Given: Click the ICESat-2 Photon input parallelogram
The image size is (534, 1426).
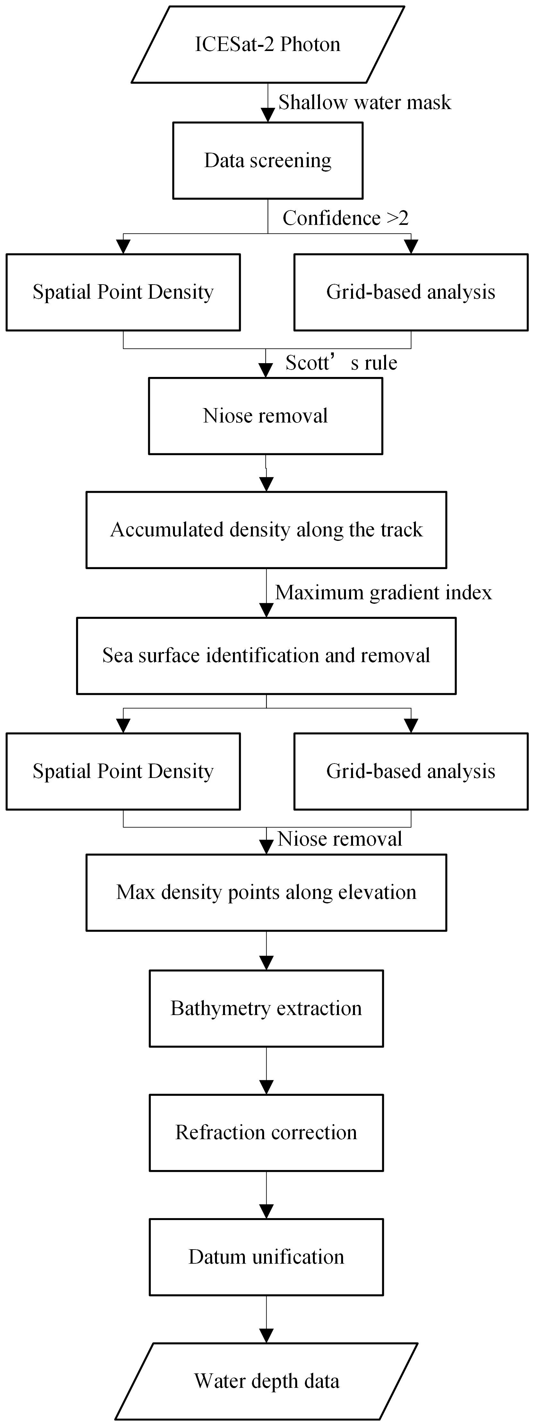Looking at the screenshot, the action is click(x=268, y=44).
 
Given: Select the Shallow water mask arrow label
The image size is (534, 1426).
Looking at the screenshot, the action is click(x=365, y=102).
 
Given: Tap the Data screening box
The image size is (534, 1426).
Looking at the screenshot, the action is click(x=268, y=160).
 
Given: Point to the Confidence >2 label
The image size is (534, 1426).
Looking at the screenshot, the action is click(x=346, y=218).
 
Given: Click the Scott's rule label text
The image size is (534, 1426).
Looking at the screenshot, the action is click(x=341, y=363).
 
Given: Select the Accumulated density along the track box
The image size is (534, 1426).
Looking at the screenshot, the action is click(x=266, y=530).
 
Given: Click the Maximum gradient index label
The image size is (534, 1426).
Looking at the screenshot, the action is click(x=383, y=593).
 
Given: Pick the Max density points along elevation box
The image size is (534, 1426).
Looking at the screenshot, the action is click(x=266, y=892).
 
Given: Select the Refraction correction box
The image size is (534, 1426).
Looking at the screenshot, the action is click(x=266, y=1132).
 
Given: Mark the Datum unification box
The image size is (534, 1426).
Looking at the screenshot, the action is click(x=266, y=1257).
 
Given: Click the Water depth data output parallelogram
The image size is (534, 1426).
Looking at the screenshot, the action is click(x=266, y=1381).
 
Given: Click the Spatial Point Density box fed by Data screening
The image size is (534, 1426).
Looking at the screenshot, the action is click(x=123, y=292).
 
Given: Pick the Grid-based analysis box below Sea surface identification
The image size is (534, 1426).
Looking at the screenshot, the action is click(x=411, y=771).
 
